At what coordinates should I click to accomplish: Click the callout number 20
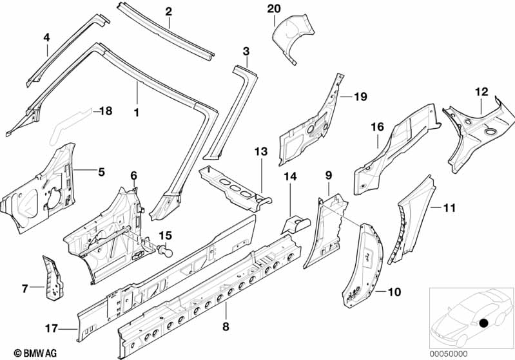tap(273, 9)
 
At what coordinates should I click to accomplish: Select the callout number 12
tap(481, 92)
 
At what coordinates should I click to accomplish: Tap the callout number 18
tap(106, 111)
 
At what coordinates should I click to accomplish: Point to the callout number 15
tap(166, 236)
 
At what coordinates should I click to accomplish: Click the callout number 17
tap(51, 328)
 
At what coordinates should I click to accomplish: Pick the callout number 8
tap(226, 327)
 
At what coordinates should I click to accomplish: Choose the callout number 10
tap(394, 292)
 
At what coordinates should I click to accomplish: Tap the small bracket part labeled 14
tap(295, 224)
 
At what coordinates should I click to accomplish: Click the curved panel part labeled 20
tap(293, 36)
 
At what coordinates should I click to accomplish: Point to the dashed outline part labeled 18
tap(70, 126)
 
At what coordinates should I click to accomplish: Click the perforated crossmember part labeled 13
tap(235, 189)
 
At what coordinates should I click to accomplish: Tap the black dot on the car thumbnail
tap(484, 323)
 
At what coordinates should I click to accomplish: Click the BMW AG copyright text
tap(35, 353)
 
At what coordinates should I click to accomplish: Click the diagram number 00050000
tap(449, 354)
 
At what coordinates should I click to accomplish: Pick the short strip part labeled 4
tap(67, 50)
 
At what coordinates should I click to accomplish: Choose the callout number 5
tap(101, 172)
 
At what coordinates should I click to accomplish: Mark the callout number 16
tap(378, 127)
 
